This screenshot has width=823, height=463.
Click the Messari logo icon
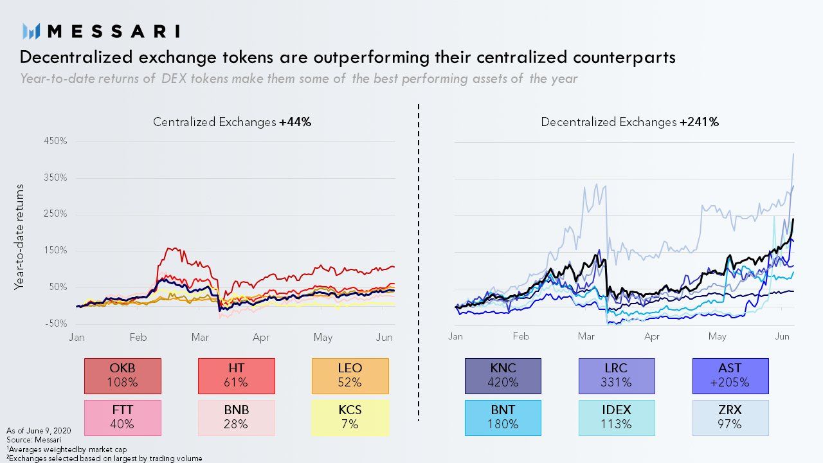pyautogui.click(x=32, y=31)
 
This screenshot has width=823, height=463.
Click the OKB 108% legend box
pyautogui.click(x=123, y=376)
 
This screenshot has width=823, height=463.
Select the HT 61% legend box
pyautogui.click(x=236, y=376)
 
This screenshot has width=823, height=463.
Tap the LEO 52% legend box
pyautogui.click(x=350, y=376)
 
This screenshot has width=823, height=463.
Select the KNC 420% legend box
pyautogui.click(x=503, y=376)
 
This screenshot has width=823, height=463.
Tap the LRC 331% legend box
pyautogui.click(x=616, y=376)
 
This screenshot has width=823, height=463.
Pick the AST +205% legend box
pyautogui.click(x=730, y=376)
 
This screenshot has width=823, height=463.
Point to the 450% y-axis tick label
pyautogui.click(x=56, y=141)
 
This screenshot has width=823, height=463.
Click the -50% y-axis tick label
pyautogui.click(x=56, y=323)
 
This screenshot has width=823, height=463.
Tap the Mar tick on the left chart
pyautogui.click(x=200, y=338)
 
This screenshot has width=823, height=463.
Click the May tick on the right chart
pyautogui.click(x=717, y=336)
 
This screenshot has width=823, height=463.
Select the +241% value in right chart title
pyautogui.click(x=699, y=122)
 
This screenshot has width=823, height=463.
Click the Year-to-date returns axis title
pyautogui.click(x=19, y=237)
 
